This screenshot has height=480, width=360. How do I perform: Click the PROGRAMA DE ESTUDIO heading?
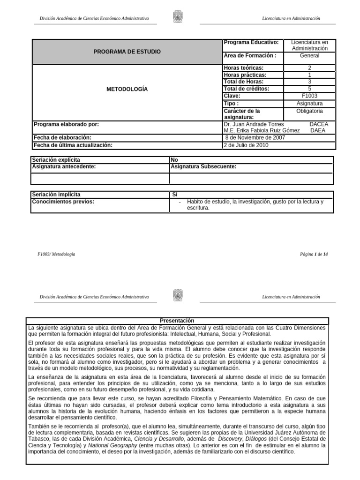point(127,52)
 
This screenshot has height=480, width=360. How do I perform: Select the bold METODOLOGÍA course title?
point(127,89)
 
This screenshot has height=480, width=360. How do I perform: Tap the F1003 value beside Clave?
point(309,95)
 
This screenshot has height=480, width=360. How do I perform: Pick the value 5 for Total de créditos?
point(309,89)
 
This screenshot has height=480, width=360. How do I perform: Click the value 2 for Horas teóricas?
point(309,68)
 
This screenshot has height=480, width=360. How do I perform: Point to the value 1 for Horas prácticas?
point(309,75)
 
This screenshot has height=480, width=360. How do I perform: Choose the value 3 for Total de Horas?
point(309,82)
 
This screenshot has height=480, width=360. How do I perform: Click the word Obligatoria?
point(309,111)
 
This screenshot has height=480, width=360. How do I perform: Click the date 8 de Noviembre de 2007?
point(255,138)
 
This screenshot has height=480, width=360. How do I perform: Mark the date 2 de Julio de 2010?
point(247,145)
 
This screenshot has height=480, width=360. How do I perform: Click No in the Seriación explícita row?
point(175,160)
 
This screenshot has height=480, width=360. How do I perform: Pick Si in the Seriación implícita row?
point(175,195)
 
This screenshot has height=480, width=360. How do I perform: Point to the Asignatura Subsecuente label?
point(204,166)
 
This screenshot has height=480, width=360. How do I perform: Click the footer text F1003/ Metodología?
point(56,254)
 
